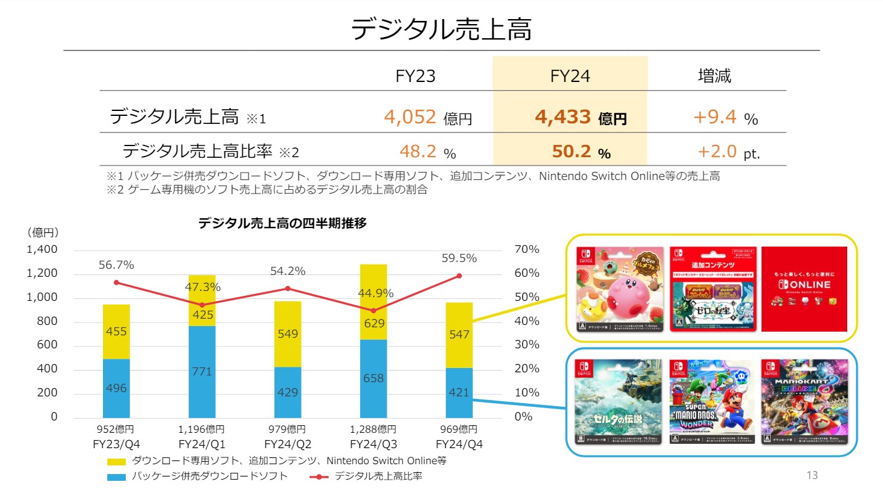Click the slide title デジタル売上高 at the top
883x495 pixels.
441,29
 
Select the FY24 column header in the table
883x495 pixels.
570,76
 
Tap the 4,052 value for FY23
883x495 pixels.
410,117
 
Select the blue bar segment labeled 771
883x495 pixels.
202,372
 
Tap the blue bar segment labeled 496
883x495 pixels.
116,388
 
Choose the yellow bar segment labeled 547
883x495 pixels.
459,335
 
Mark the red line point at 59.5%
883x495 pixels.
459,276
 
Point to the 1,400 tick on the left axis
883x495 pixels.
41,250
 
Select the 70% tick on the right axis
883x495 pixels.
527,250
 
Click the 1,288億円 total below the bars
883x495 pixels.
373,430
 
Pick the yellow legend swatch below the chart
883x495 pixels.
116,461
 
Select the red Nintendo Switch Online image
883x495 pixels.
804,289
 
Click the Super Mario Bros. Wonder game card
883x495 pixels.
712,402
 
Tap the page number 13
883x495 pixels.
811,475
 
